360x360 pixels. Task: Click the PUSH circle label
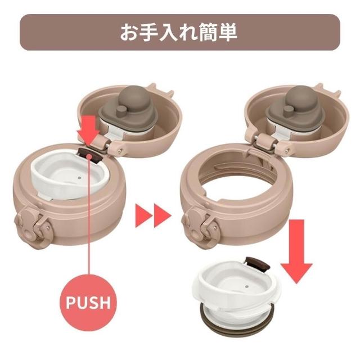(x=88, y=303)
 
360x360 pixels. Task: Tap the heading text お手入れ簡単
(x=179, y=33)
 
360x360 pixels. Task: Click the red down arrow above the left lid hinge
(x=89, y=130)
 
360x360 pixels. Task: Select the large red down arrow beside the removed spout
(x=296, y=251)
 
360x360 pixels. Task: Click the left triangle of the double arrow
(x=143, y=215)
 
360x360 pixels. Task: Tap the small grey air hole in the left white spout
(x=79, y=178)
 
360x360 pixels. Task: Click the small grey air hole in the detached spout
(x=246, y=287)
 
